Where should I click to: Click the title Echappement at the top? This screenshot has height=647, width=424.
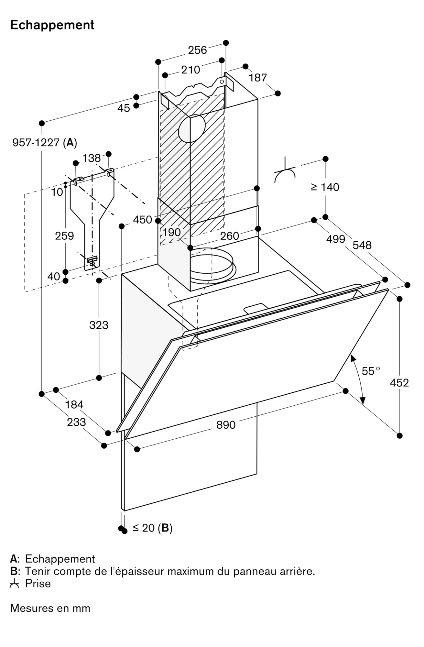52,25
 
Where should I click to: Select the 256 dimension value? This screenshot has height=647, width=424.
197,50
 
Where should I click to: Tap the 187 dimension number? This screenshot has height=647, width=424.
258,78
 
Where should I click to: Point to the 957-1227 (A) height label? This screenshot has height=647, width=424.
45,142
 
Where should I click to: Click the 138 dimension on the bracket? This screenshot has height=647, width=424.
92,158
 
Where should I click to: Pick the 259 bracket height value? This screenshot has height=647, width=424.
64,236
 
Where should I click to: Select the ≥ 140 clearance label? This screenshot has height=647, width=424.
325,187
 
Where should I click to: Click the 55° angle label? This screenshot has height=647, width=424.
371,371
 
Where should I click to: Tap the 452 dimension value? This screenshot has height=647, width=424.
399,383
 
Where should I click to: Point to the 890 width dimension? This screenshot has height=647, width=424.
226,425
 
